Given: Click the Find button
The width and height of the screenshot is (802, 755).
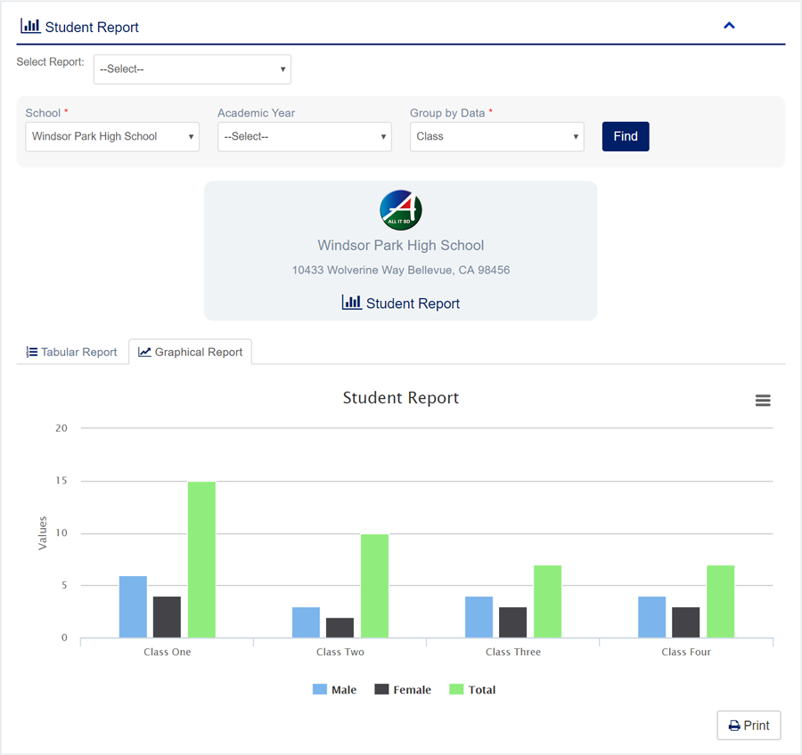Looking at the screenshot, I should coord(626,136).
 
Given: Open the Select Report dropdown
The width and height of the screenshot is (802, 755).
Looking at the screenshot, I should coord(192,69).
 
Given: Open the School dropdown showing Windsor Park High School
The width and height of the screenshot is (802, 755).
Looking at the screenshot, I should coord(112,137).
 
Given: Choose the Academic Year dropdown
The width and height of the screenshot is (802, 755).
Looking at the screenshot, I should coord(304,137).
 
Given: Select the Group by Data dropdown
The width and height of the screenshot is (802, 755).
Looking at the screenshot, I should coord(496,137).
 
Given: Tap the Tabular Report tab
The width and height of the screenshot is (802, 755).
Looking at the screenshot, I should coord(72,353).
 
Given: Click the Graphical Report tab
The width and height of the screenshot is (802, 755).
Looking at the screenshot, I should coord(191,353).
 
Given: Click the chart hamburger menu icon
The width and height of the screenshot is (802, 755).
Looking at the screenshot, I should coord(763,401).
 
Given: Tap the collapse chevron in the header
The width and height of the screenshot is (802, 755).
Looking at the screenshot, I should coord(729,26).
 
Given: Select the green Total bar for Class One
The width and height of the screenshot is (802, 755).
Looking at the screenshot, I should coord(201,559).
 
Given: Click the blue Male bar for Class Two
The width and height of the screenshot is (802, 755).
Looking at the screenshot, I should coord(306,622).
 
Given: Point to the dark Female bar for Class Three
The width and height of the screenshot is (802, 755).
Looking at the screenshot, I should coord(512,622).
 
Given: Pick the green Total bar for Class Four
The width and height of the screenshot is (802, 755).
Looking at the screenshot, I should coord(720,601).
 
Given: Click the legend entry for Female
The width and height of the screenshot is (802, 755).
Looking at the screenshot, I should coord(403,690).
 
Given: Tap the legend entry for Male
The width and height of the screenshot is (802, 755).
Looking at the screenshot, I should coord(335,690).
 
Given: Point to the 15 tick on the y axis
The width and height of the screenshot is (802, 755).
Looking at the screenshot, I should coord(61,481).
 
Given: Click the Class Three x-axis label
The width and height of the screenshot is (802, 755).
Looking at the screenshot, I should coord(513,652).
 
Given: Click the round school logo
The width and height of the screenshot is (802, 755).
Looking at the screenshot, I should coord(401,211).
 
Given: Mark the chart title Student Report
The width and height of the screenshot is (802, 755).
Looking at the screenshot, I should coord(401,398).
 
